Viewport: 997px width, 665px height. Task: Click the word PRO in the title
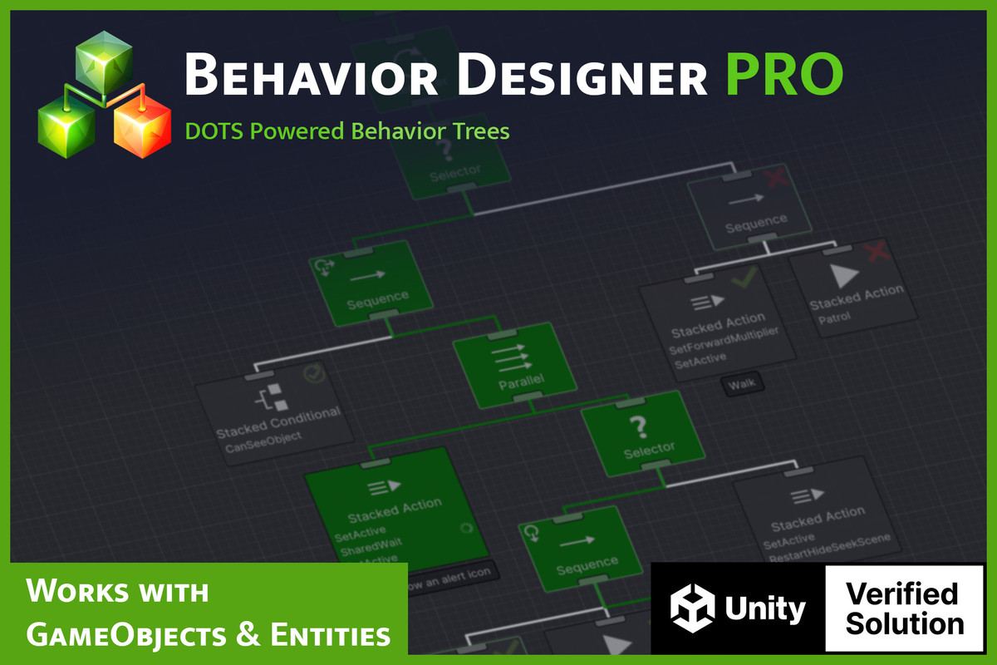(x=783, y=75)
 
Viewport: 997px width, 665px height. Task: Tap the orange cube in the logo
(x=141, y=128)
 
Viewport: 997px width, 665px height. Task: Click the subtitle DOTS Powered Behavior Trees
(x=346, y=131)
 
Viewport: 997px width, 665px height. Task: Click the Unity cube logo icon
(x=693, y=609)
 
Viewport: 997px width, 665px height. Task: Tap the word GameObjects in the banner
(x=125, y=636)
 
